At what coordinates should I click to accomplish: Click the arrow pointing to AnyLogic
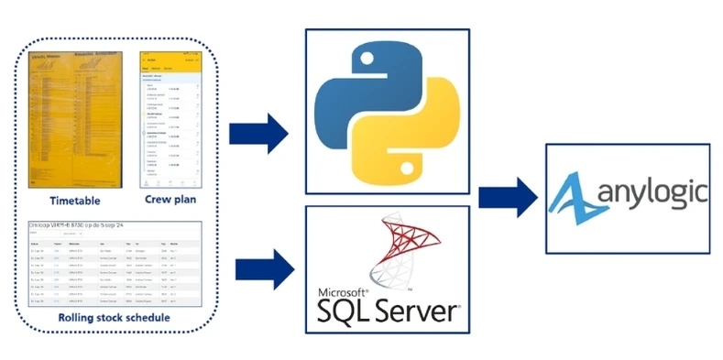[x=509, y=198]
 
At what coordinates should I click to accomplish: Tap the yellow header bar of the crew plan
[x=170, y=58]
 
